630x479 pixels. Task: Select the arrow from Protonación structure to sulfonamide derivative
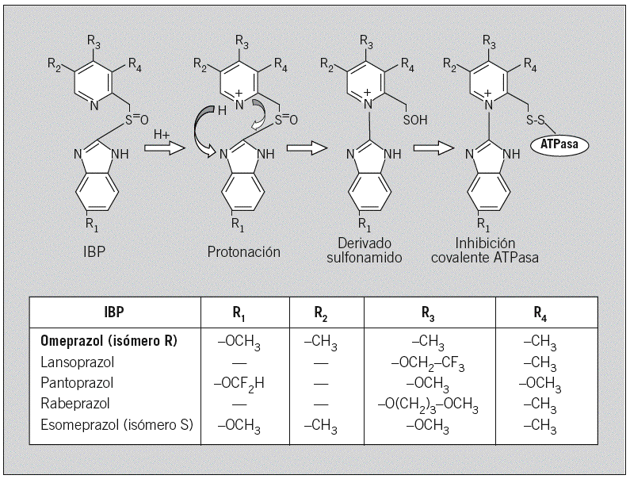[x=307, y=148]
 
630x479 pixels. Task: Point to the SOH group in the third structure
[x=418, y=124]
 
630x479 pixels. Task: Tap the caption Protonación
[x=244, y=252]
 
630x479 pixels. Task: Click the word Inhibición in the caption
[x=486, y=243]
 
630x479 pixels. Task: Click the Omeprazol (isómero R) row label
[x=109, y=342]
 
